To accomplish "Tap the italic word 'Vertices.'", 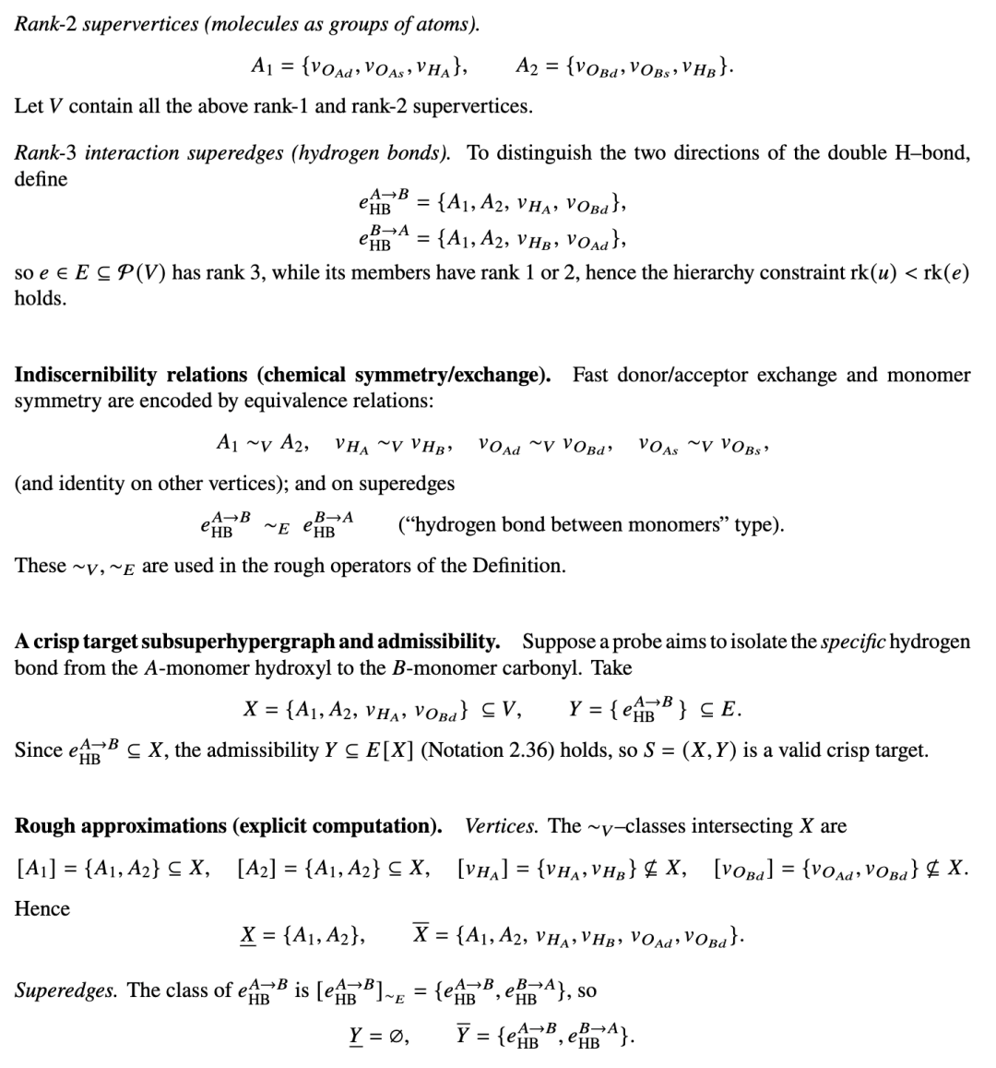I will pyautogui.click(x=502, y=825).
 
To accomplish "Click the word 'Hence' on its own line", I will pyautogui.click(x=42, y=908).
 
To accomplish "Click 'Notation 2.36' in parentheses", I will pyautogui.click(x=481, y=750).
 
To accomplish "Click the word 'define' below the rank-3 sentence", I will pyautogui.click(x=41, y=179).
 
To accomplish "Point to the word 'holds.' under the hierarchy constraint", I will pyautogui.click(x=41, y=298).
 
